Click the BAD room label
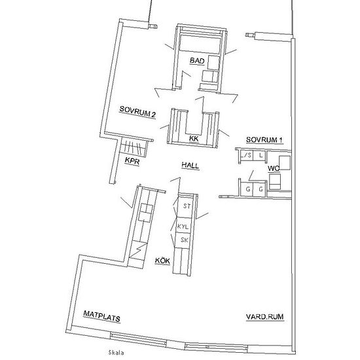click(x=197, y=61)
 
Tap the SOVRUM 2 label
click(x=137, y=112)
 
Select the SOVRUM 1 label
click(x=264, y=139)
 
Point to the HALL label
click(x=190, y=166)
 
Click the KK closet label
click(x=194, y=139)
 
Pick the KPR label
click(x=132, y=161)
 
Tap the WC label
click(x=274, y=168)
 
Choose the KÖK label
click(x=162, y=261)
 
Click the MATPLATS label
click(x=101, y=316)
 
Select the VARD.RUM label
click(x=264, y=317)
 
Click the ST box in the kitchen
click(x=185, y=206)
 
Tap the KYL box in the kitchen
click(x=183, y=226)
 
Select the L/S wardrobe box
click(x=247, y=155)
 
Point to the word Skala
click(x=116, y=352)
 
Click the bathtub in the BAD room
click(x=200, y=44)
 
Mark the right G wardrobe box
click(x=260, y=190)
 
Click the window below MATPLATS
click(x=138, y=339)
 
